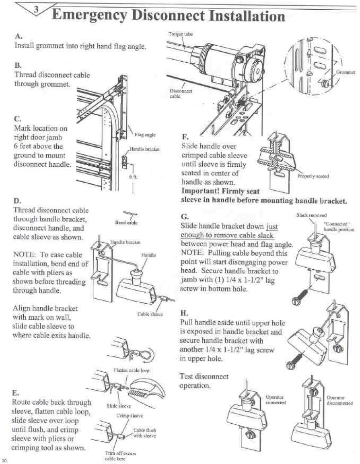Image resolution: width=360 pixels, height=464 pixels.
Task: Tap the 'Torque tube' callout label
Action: pyautogui.click(x=180, y=34)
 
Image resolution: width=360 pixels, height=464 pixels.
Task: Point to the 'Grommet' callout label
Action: pyautogui.click(x=345, y=72)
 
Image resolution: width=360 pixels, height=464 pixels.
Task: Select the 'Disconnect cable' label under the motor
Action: pyautogui.click(x=181, y=93)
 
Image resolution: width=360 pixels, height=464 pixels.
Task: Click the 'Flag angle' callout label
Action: pyautogui.click(x=145, y=134)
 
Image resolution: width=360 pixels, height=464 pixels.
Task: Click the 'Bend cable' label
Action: pyautogui.click(x=126, y=223)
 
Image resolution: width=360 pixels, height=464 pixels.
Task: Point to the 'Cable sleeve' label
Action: pyautogui.click(x=150, y=314)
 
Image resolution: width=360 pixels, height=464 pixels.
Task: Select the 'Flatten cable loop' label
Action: pyautogui.click(x=132, y=370)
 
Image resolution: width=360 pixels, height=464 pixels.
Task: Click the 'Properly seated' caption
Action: pyautogui.click(x=313, y=176)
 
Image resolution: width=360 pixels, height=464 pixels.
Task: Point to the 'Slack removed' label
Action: pyautogui.click(x=312, y=215)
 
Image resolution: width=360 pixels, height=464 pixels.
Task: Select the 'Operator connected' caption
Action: pyautogui.click(x=275, y=400)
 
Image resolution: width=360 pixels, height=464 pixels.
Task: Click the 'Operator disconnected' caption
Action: pyautogui.click(x=339, y=400)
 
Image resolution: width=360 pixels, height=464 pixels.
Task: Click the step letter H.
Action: pyautogui.click(x=184, y=313)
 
